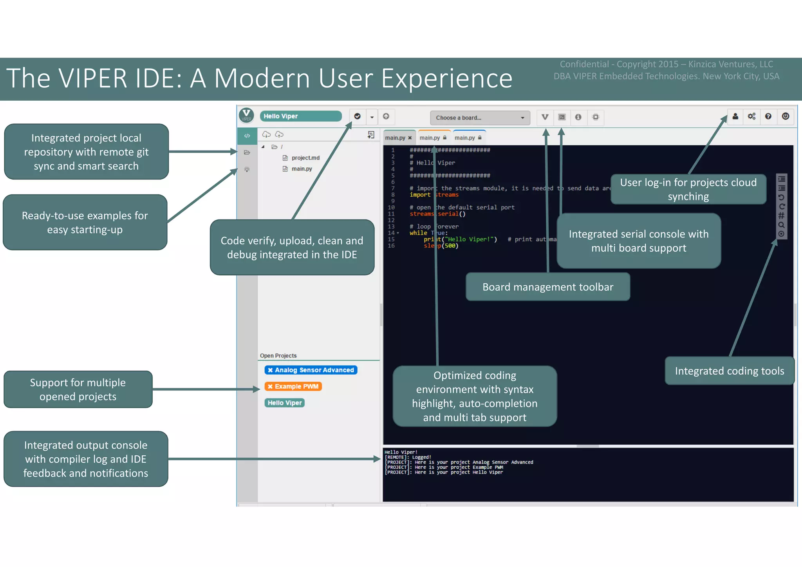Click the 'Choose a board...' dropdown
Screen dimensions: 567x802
(480, 118)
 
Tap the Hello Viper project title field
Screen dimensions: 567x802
(300, 116)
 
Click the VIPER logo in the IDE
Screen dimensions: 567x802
(247, 115)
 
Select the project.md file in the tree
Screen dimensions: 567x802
(305, 158)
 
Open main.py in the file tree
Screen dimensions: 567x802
(302, 169)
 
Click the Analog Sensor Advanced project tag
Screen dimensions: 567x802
(311, 370)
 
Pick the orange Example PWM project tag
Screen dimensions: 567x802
(293, 386)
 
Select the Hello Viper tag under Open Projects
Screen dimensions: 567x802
(285, 403)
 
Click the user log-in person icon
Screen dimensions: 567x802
(735, 116)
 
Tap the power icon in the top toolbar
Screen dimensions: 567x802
(785, 116)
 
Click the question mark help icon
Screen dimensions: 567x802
(768, 116)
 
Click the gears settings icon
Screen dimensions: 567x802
(751, 116)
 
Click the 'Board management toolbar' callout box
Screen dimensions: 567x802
(547, 287)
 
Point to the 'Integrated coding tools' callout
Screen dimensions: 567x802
(729, 371)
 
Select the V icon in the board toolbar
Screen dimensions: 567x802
(545, 117)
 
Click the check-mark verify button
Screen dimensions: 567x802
(357, 116)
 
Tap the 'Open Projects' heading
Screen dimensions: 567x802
(278, 356)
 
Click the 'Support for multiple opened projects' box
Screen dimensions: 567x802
(78, 389)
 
